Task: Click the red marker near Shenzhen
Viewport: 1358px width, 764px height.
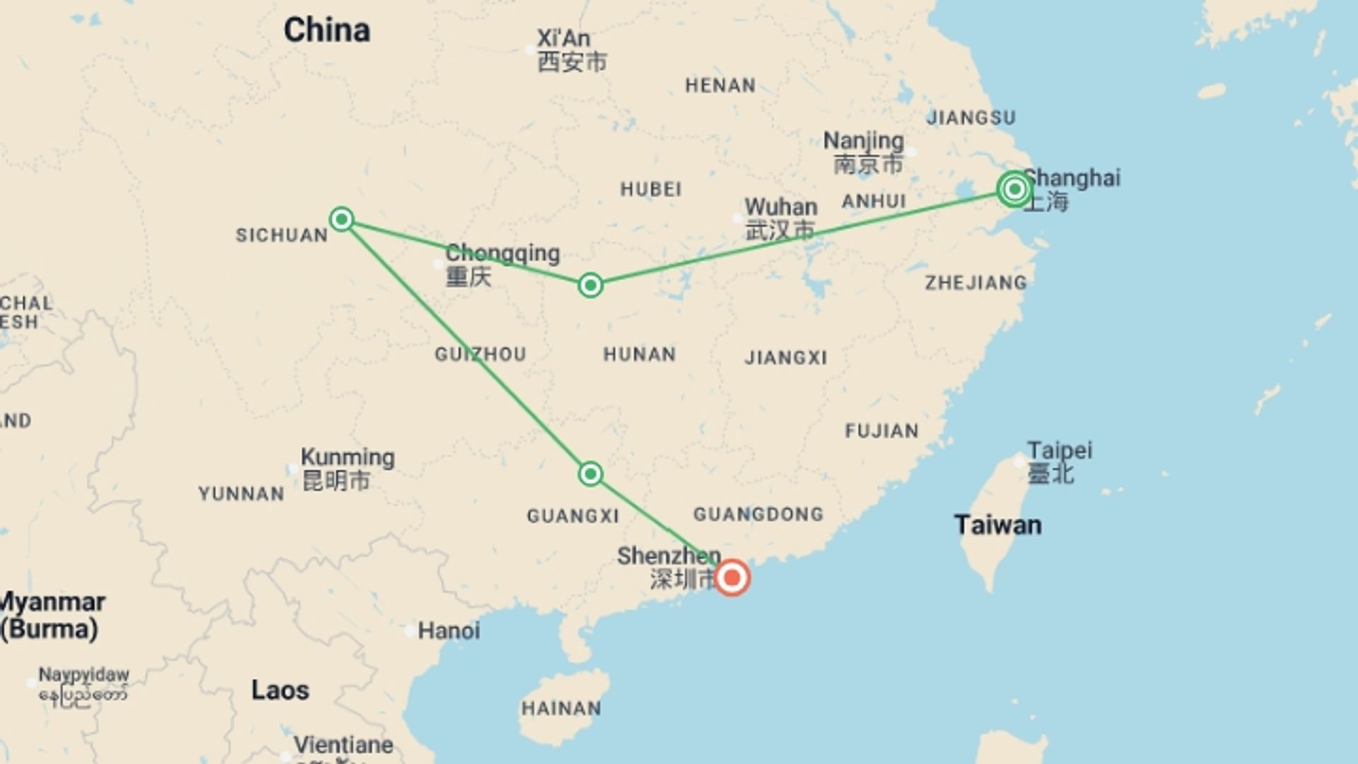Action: coord(732,578)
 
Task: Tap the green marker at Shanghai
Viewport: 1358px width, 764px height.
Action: coord(1014,189)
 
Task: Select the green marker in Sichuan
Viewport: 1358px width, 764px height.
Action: coord(342,219)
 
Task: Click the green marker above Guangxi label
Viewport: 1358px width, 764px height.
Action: coord(591,473)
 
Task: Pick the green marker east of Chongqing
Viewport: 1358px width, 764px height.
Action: coord(591,285)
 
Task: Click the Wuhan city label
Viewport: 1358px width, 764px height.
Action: coord(781,207)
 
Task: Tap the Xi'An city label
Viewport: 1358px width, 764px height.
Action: coord(563,38)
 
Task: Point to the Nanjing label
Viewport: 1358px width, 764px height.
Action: coord(864,141)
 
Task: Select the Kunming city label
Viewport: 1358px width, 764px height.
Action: coord(347,457)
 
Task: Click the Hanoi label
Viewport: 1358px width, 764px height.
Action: coord(448,630)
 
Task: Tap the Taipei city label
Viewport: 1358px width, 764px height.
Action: coord(1060,451)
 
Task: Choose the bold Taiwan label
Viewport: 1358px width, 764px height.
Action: coord(997,525)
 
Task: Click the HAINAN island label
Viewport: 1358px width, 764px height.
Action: coord(561,708)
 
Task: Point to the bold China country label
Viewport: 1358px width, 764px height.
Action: coord(327,30)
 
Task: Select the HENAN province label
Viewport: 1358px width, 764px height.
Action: coord(720,86)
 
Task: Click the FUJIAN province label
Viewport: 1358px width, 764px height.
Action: coord(881,431)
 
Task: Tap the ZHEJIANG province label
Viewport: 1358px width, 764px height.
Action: coord(975,283)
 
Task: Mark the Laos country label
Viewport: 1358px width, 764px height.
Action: coord(280,690)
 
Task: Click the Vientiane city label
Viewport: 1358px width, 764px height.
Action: coord(344,745)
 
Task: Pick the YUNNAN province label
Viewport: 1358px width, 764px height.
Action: coord(241,494)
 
